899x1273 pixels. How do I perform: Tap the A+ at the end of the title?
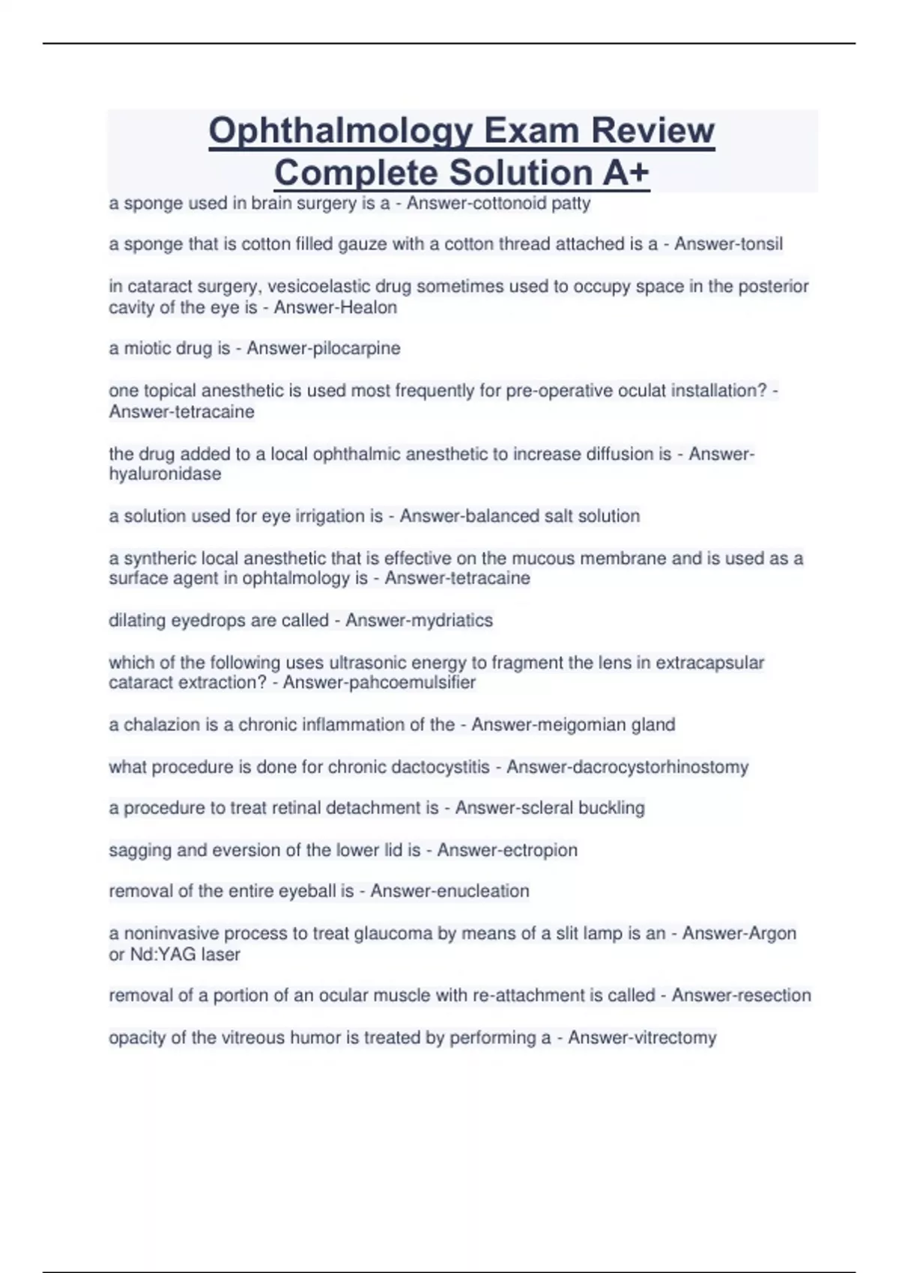[x=625, y=172]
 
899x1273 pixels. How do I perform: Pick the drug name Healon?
[x=366, y=308]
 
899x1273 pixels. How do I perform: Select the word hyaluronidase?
[x=165, y=474]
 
